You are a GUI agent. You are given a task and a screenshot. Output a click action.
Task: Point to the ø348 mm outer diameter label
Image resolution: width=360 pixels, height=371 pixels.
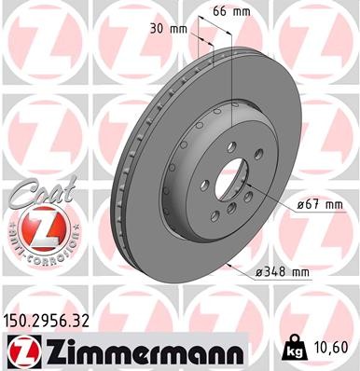click(x=282, y=272)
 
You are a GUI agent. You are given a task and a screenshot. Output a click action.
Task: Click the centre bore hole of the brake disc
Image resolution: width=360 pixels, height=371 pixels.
click(x=227, y=176)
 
